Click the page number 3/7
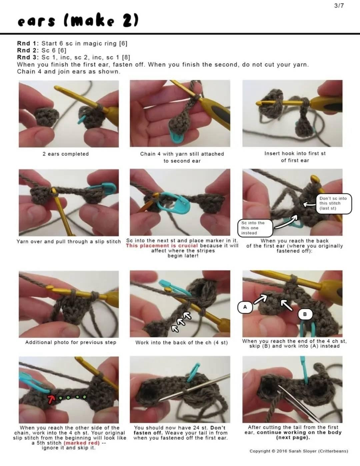339,6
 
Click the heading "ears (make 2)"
78,21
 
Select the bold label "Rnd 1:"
28,44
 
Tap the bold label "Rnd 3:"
28,57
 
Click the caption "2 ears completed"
66,154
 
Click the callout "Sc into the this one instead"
255,228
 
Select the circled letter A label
245,307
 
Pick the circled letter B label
305,314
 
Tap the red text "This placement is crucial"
162,246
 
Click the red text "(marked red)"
82,443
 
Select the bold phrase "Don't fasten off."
180,430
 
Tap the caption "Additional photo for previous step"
71,342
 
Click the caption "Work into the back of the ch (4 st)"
181,343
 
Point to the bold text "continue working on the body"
299,432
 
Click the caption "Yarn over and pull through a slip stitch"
69,242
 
